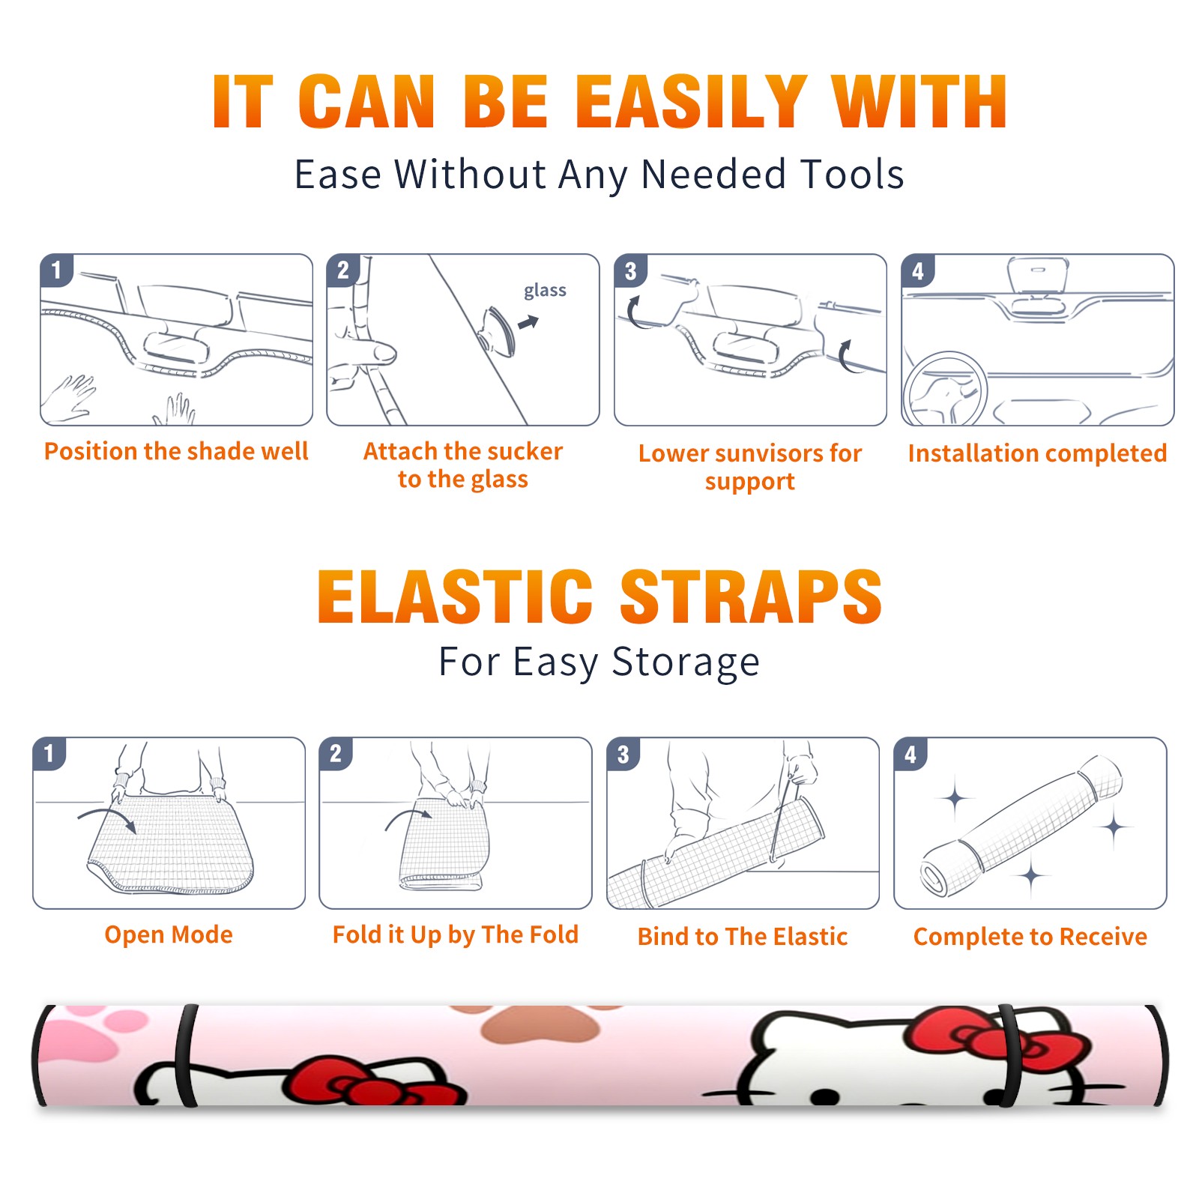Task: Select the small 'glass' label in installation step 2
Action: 545,291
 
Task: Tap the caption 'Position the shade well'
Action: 176,451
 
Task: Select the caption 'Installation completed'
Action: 1037,453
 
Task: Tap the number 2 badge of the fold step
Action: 336,754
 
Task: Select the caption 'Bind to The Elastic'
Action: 743,937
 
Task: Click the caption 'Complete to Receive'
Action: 1030,937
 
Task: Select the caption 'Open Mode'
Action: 169,934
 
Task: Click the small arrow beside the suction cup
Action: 528,323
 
